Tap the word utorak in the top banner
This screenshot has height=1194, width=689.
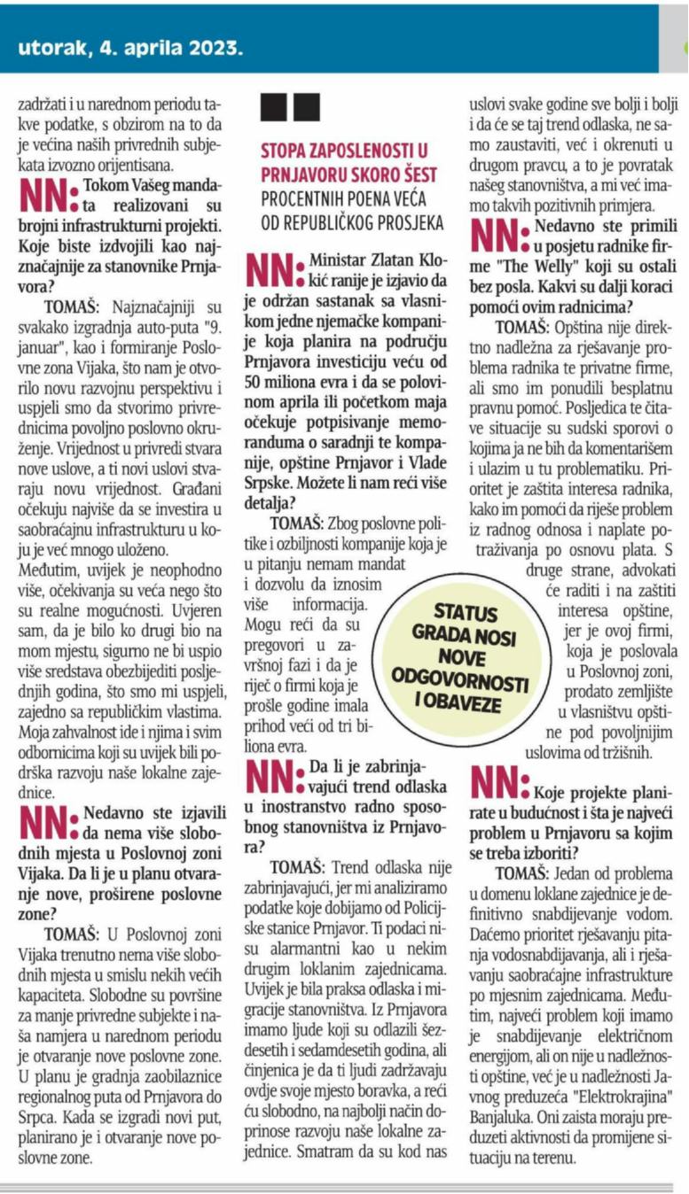coord(52,47)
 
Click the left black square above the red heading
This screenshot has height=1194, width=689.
coord(272,106)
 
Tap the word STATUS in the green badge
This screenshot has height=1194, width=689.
coord(466,614)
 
